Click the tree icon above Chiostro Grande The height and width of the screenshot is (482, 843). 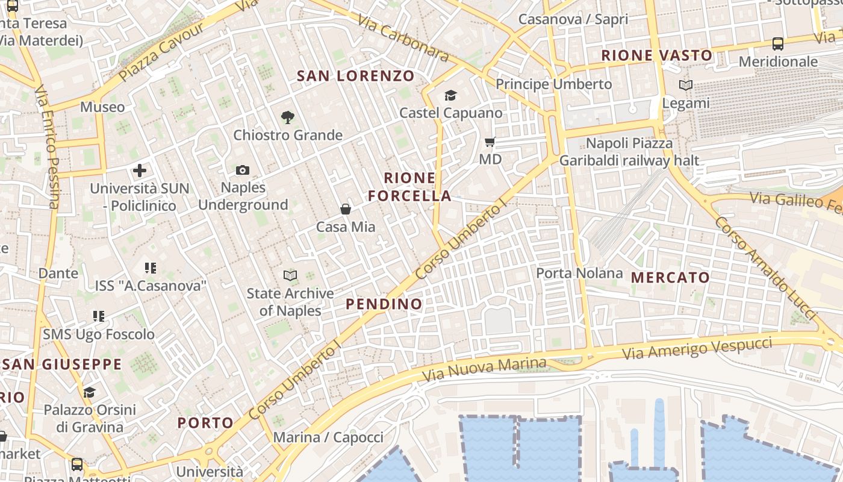288,117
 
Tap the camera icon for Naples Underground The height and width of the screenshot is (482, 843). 243,171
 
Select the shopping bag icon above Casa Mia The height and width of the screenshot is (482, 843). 346,209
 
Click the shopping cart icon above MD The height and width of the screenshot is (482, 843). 490,142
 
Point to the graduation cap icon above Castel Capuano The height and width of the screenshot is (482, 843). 450,95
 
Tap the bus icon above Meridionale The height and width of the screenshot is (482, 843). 778,43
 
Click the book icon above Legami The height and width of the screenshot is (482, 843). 685,86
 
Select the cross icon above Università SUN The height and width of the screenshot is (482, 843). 140,171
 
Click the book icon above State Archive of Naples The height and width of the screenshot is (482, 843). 290,275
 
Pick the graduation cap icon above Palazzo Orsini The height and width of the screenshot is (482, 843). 89,392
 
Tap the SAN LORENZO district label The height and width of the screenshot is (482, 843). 356,76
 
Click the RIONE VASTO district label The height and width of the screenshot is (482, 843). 657,56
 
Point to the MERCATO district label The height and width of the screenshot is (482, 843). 670,278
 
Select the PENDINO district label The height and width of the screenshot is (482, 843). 384,304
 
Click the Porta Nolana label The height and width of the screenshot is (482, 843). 579,273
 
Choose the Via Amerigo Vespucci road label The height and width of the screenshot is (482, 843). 697,348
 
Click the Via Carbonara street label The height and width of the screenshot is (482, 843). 403,38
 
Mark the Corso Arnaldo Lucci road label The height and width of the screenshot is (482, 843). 765,268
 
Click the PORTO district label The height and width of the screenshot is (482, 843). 205,423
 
